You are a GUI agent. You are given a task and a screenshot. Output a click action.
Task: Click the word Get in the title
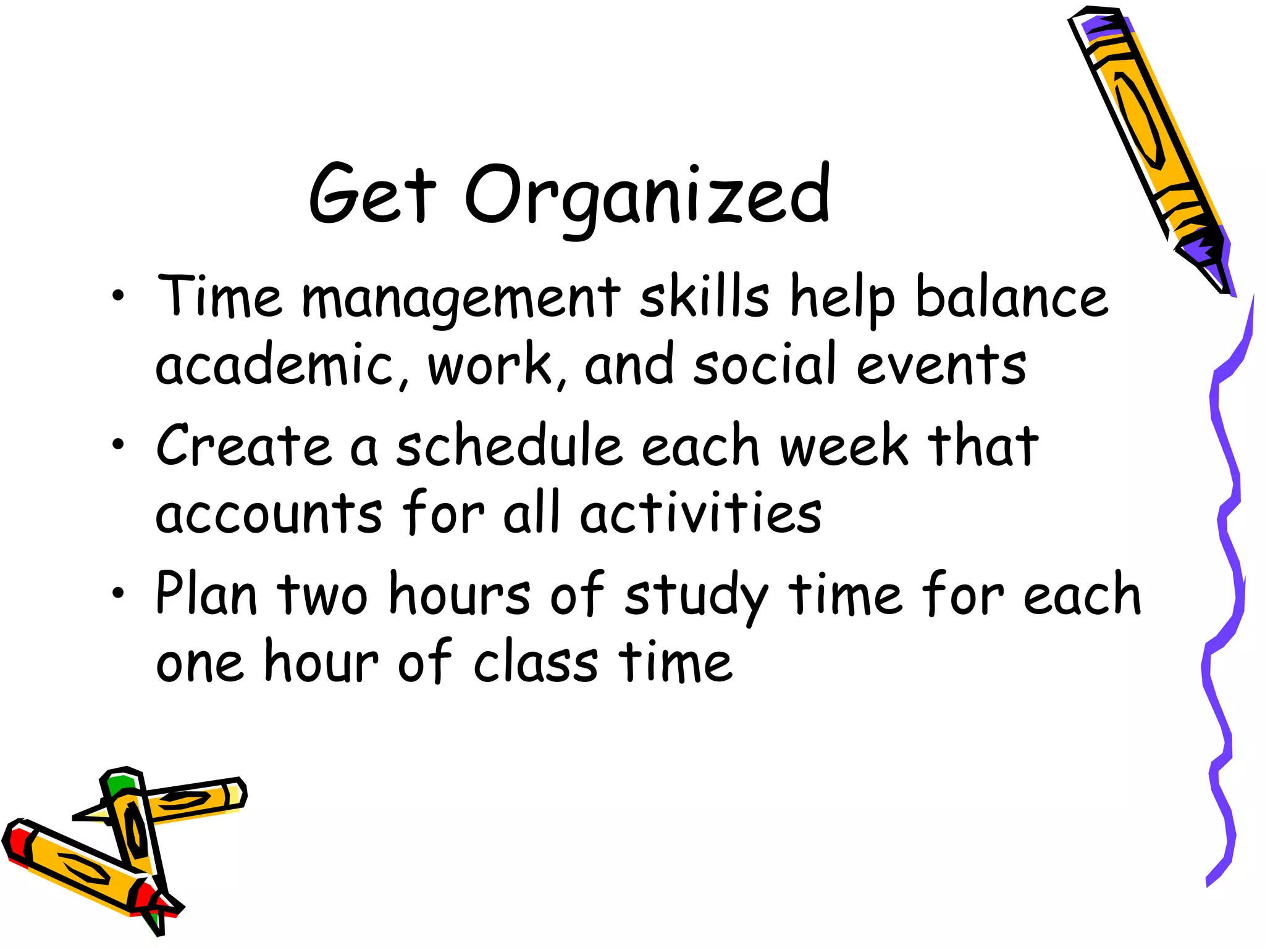pos(372,194)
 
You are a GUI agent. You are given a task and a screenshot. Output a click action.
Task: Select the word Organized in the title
pos(647,196)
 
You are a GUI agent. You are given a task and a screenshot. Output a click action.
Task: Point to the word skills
pos(704,297)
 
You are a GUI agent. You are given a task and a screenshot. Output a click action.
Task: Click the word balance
pos(1012,297)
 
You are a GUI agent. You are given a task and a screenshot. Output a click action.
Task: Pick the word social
pos(765,364)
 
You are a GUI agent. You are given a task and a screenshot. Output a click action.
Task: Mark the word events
pos(941,365)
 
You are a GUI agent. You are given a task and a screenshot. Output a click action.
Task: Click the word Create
pos(244,446)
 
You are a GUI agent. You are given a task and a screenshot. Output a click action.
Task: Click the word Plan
pos(206,594)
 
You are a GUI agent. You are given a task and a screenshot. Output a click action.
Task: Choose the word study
pos(696,596)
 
